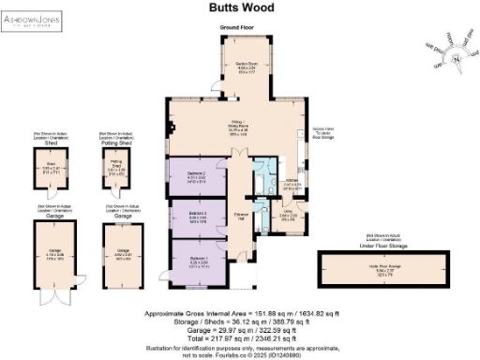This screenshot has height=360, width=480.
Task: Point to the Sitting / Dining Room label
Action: [237, 126]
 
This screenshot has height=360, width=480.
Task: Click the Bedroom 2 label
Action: [195, 176]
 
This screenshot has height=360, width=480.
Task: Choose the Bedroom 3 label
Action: [195, 217]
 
